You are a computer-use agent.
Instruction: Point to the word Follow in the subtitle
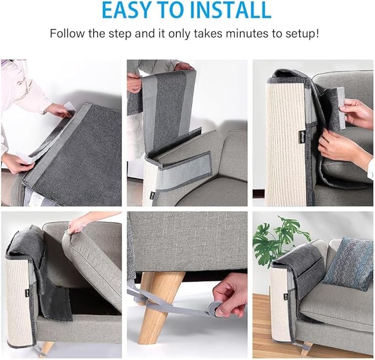coord(66,33)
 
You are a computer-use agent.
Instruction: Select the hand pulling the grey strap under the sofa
coord(231,295)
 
